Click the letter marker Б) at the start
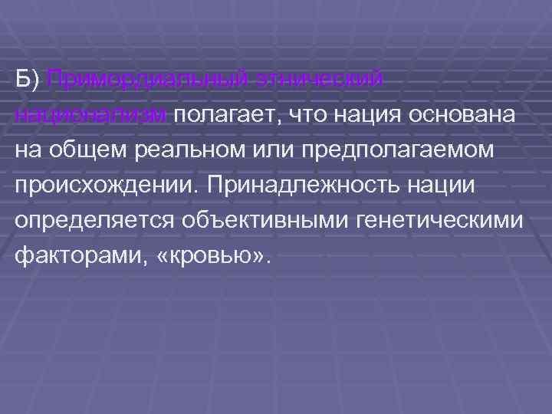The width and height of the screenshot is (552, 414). (29, 79)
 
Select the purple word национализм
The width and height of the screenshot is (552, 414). (92, 114)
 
